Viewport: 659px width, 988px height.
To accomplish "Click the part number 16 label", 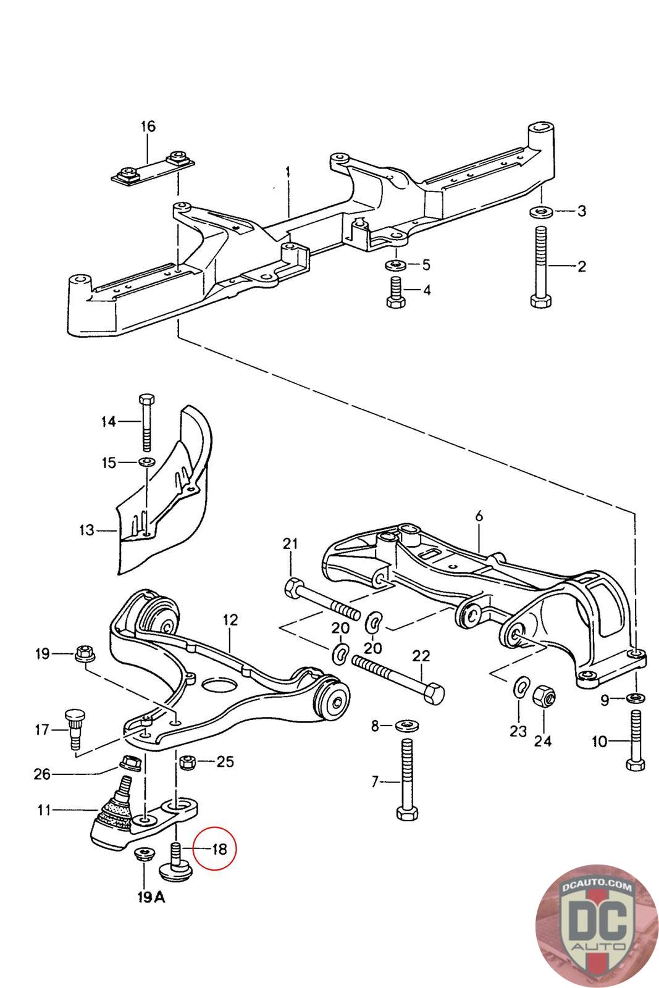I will (x=148, y=127).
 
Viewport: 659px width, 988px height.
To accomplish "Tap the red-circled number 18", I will (x=219, y=848).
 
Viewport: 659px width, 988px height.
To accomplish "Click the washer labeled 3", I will (x=541, y=212).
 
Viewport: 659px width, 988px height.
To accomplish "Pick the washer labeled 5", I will (x=394, y=266).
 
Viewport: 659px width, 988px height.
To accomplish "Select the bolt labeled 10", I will (x=636, y=741).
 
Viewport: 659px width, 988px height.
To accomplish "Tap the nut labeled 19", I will (x=83, y=653).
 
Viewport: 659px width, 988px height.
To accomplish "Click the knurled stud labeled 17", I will (x=73, y=729).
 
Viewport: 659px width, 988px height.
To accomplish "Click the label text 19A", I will (x=151, y=897).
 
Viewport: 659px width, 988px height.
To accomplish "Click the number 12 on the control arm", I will (x=230, y=619).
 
